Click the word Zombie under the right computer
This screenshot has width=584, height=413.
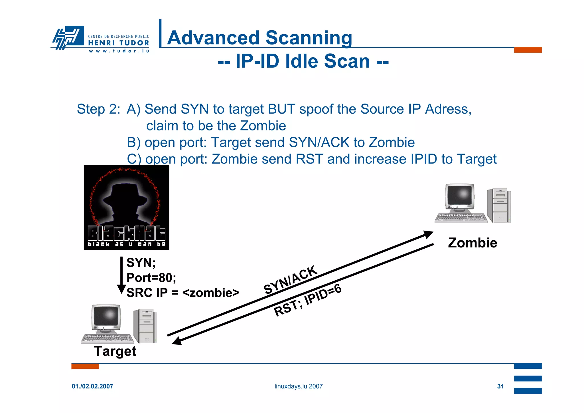coord(473,243)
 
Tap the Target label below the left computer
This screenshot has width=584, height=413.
coord(115,351)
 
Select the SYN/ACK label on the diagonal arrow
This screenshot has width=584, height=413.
coord(290,280)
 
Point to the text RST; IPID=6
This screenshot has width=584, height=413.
coord(308,301)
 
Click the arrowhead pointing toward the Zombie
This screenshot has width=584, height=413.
coord(428,234)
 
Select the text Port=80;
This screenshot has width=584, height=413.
coord(151,278)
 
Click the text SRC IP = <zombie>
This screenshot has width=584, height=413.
coord(182,293)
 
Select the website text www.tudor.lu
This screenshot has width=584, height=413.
coord(119,51)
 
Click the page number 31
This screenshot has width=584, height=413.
coord(500,386)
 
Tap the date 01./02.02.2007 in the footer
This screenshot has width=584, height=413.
coord(92,386)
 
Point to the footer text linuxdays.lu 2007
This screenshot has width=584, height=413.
coord(298,386)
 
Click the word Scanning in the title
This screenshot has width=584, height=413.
coord(309,38)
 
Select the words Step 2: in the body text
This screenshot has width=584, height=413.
coord(98,109)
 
